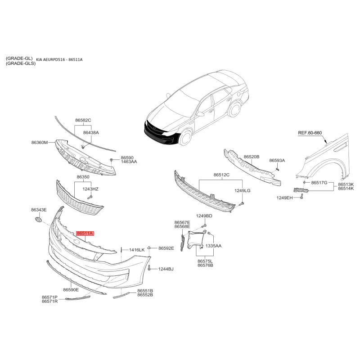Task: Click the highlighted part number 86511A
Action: tap(85, 234)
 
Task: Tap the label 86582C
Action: tap(83, 120)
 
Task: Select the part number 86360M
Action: tap(40, 143)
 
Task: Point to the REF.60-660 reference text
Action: tap(310, 133)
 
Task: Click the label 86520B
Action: tap(252, 157)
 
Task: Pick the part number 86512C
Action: tap(221, 175)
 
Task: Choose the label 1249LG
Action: tap(243, 190)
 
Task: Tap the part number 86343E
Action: tap(39, 210)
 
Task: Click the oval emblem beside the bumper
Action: tap(39, 219)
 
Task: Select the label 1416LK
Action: tap(137, 250)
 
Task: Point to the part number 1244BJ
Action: tap(166, 269)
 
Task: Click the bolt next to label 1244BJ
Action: tap(149, 267)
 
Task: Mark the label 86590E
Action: tap(71, 290)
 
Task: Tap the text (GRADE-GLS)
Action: tap(21, 63)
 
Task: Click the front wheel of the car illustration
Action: tap(185, 137)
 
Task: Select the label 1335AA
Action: tap(213, 246)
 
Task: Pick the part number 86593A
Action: tap(277, 161)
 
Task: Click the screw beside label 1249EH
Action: tap(301, 196)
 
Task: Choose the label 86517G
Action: tap(319, 183)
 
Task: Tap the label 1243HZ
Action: tap(90, 189)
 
